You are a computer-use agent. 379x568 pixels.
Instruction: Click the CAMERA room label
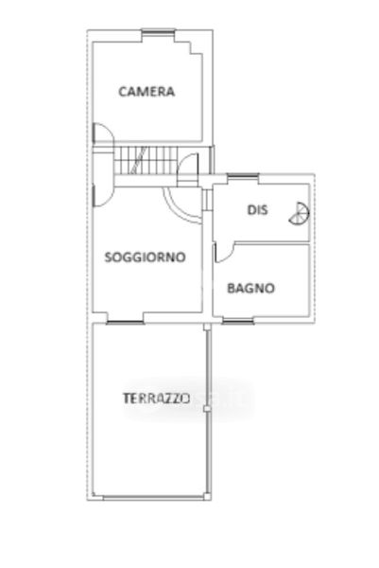pos(146,91)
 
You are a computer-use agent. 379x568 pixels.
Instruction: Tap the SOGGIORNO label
pos(145,257)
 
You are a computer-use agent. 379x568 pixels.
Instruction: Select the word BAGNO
pos(251,289)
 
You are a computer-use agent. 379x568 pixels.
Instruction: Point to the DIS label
pos(257,210)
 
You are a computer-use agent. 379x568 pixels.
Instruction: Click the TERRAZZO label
pos(157,399)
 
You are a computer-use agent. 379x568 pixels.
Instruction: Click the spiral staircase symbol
pos(300,213)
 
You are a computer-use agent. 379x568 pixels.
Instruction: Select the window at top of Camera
pos(158,31)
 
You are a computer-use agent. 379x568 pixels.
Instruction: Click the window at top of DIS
pos(243,176)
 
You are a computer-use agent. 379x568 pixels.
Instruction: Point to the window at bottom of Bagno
pos(237,321)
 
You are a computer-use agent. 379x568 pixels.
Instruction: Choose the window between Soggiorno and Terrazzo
pos(126,322)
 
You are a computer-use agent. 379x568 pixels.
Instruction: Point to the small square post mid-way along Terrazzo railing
pos(207,409)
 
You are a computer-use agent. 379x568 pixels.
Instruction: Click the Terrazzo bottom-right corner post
pos(207,497)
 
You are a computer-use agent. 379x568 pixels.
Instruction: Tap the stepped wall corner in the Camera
pos(189,48)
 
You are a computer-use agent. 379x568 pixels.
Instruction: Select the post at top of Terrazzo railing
pos(207,327)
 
